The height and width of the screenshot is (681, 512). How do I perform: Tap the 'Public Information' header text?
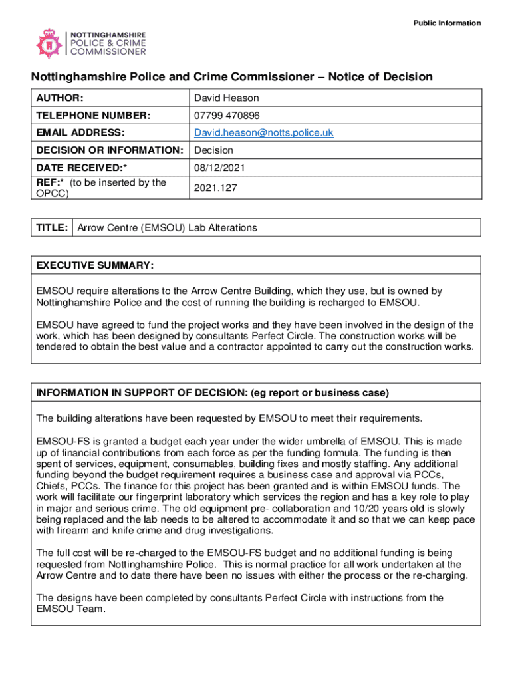tap(447, 23)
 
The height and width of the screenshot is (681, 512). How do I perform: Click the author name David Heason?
tap(226, 98)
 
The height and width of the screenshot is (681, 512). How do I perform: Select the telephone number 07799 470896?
tap(227, 116)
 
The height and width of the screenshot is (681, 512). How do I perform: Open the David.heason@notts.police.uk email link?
tap(263, 133)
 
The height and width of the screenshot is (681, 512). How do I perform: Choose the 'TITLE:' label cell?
tap(52, 228)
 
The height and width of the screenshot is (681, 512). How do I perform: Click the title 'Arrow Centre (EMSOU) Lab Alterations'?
tap(167, 228)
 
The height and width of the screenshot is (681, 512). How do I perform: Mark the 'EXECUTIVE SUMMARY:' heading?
tap(95, 265)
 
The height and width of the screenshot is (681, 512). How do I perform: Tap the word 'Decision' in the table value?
tap(213, 150)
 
